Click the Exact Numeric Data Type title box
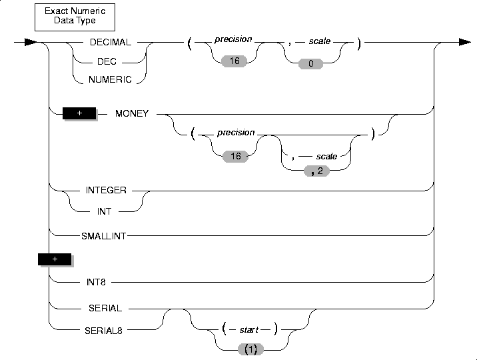coord(75,17)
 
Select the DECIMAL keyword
coord(111,42)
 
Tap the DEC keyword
coord(107,61)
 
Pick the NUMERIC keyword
coord(110,79)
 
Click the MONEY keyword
coord(132,113)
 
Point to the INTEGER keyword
coord(106,190)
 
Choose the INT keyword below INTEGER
coord(104,211)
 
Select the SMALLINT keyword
coord(103,236)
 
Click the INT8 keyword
coord(96,282)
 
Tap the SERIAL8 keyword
coord(103,331)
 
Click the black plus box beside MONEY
coord(79,113)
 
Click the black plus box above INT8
coord(55,259)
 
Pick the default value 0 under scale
coord(310,63)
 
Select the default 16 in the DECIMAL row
coord(234,61)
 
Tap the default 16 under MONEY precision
coord(235,157)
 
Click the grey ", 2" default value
coord(316,171)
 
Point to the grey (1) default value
coord(250,349)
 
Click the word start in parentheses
coord(249,329)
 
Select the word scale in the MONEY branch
coord(326,157)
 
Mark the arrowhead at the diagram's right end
coord(465,42)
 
